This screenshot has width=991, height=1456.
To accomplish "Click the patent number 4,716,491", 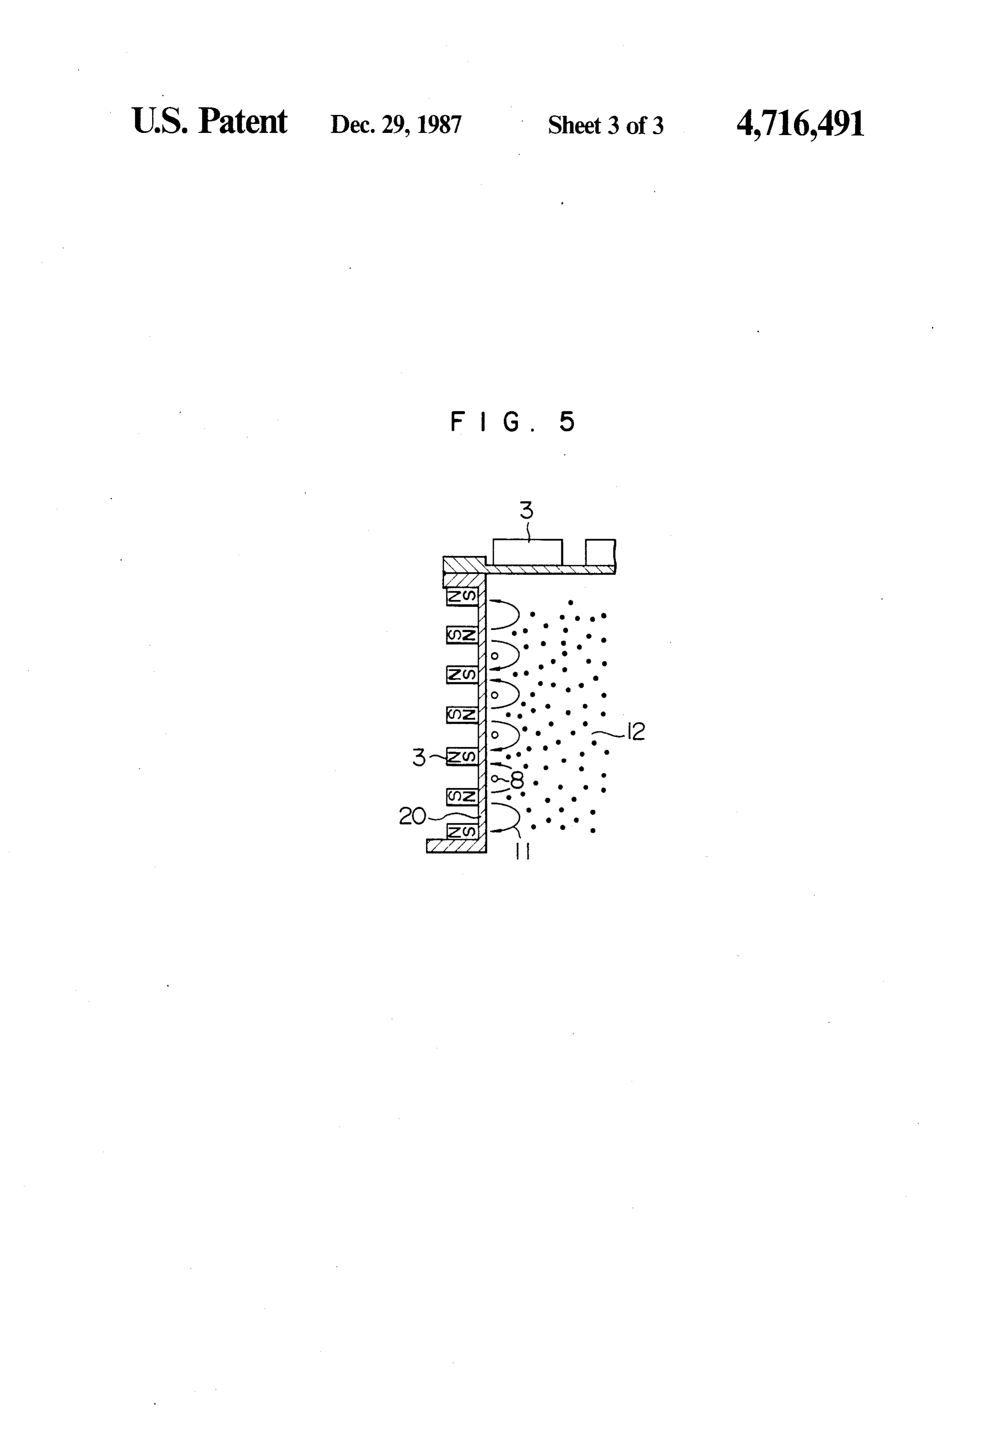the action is [800, 123].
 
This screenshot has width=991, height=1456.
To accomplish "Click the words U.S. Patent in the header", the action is [210, 121].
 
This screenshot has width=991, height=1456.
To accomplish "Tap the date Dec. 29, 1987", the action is [396, 125].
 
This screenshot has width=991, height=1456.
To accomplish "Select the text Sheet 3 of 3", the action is [605, 125].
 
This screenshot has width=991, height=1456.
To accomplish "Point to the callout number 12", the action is [635, 731].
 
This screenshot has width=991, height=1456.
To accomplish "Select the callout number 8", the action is [517, 780].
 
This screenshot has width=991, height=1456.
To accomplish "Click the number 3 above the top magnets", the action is [526, 511].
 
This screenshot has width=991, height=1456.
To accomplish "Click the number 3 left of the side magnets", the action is [419, 757].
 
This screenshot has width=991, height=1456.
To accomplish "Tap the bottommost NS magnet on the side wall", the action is [462, 831].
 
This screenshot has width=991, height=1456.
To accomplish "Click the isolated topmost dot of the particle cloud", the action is [570, 603].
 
